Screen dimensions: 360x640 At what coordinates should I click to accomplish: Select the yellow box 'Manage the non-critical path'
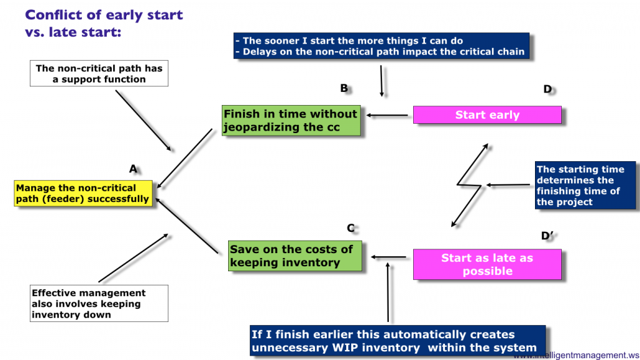click(x=83, y=193)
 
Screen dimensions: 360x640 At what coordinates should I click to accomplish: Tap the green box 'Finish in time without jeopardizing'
click(x=291, y=121)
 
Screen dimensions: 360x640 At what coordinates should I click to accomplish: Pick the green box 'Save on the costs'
click(x=294, y=256)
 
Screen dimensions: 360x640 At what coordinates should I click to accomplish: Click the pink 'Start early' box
click(x=487, y=115)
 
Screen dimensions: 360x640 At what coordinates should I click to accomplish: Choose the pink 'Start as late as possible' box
click(x=487, y=264)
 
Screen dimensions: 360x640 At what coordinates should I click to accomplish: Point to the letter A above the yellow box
click(x=132, y=169)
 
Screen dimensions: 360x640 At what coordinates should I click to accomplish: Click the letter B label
click(x=344, y=88)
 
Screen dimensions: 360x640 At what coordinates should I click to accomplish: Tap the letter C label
click(x=351, y=228)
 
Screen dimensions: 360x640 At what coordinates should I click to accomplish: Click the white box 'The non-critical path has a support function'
click(x=99, y=74)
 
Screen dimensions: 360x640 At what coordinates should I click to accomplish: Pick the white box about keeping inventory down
click(x=99, y=304)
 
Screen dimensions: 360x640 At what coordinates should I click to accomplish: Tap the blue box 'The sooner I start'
click(x=381, y=46)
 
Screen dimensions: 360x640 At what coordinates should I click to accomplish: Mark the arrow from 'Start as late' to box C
click(x=390, y=256)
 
